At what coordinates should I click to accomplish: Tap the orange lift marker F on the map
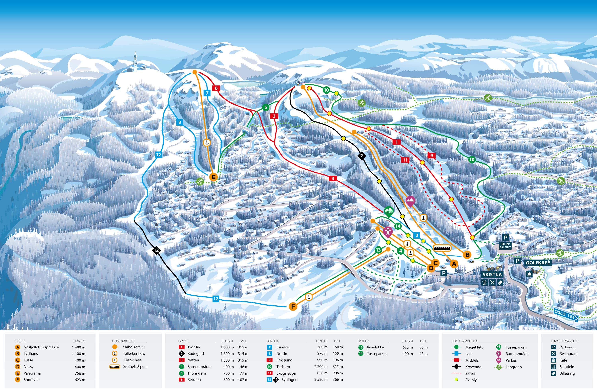click(x=293, y=306)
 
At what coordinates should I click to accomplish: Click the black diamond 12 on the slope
click(x=156, y=250)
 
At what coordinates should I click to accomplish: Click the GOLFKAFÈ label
click(x=538, y=263)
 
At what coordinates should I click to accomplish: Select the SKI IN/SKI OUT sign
click(x=505, y=245)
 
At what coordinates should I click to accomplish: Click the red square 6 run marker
click(x=216, y=88)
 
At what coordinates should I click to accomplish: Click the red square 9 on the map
click(x=431, y=156)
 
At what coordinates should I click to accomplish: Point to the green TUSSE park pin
click(x=389, y=211)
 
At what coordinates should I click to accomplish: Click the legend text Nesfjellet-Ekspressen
click(x=41, y=347)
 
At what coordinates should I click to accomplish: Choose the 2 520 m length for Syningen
click(x=321, y=380)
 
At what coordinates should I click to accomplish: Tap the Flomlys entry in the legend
click(x=472, y=380)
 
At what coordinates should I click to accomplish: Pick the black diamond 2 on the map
click(x=361, y=156)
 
